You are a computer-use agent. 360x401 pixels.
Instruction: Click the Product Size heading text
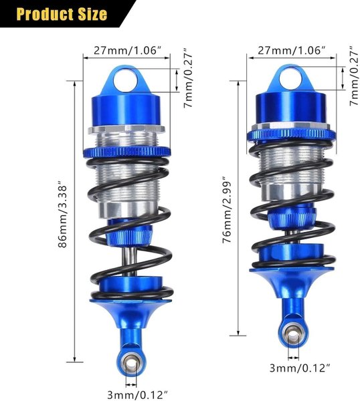pos(62,14)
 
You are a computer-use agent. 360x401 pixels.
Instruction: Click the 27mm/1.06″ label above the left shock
pos(128,50)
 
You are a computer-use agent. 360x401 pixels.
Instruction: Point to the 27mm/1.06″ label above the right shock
pos(292,50)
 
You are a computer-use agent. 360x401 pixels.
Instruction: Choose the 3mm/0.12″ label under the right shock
pos(300,368)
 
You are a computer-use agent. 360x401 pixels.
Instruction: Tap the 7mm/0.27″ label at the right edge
pos(355,76)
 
